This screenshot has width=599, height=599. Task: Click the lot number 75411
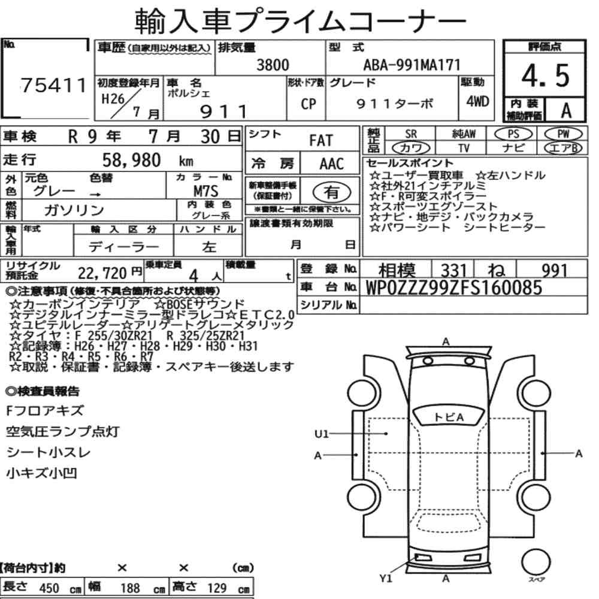53,85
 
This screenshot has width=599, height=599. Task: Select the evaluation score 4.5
545,75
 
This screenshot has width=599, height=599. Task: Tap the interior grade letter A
566,111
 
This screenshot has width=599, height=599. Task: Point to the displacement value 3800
273,65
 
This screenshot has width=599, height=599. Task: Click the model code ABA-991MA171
412,65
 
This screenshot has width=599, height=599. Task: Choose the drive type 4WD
477,101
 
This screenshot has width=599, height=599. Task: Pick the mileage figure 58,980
131,161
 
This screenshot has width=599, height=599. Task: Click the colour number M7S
205,191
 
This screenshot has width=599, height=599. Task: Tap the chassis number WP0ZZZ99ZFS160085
454,288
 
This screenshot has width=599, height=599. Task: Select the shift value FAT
321,141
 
